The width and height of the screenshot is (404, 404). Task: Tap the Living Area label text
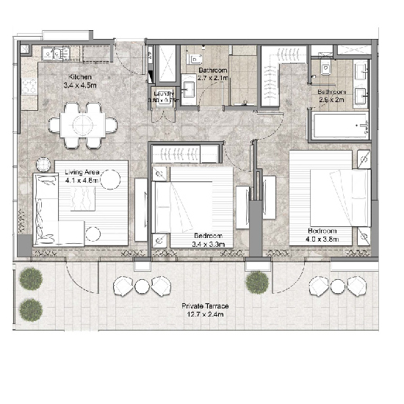point(82,173)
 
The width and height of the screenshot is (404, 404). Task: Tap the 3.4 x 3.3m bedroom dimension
point(212,243)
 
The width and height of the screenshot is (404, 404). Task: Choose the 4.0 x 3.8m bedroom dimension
point(327,238)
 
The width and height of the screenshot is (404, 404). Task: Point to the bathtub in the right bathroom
point(340,126)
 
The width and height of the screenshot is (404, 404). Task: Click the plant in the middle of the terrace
point(256,281)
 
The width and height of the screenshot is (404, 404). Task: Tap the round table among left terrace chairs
point(143,282)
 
